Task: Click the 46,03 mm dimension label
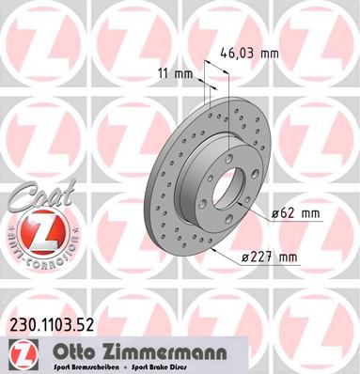(x=249, y=54)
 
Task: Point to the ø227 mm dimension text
(x=271, y=257)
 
